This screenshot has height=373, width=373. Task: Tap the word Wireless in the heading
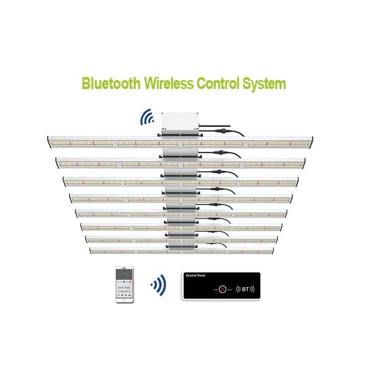pos(169,83)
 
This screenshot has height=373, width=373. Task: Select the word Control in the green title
pos(221,83)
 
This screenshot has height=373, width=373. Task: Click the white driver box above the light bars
pos(180,120)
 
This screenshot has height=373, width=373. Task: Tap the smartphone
pos(125,285)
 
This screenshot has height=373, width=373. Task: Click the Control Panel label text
pos(195,275)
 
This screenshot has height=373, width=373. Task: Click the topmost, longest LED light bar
pos(182,143)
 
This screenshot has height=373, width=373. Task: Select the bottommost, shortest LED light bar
pos(182,251)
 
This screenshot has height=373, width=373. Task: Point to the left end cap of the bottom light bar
pos(91,251)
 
